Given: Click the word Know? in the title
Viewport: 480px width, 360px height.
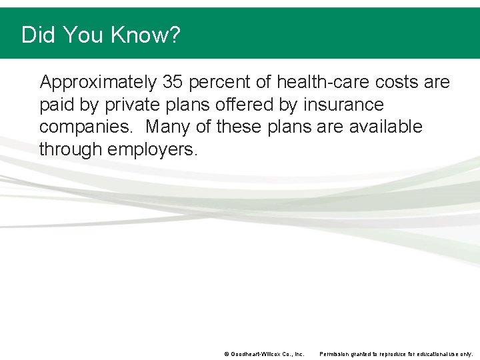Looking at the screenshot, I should pos(147,35).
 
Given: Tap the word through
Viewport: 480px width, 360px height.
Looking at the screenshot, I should pos(71,149).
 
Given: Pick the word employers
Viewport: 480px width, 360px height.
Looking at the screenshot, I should pos(153,149).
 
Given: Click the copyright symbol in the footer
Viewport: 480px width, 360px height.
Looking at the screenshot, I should pos(227,354).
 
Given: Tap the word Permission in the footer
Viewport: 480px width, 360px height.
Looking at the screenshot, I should pos(336,354).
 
